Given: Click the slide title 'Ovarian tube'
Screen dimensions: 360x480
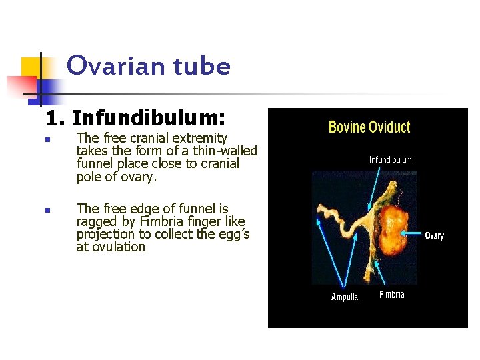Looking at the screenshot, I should (149, 66).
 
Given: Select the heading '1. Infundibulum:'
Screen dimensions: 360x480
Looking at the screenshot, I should (135, 119).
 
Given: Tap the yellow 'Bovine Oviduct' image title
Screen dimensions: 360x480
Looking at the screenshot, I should (369, 127).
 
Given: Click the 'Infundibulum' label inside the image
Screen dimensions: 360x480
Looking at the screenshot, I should (391, 160).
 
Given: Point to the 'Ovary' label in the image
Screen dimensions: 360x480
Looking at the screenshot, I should (434, 236).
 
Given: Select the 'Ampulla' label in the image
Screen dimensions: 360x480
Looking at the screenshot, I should (345, 297).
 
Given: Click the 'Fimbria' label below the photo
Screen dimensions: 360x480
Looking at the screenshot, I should (391, 295).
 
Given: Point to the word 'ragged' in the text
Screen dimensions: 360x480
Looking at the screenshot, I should (97, 221).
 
